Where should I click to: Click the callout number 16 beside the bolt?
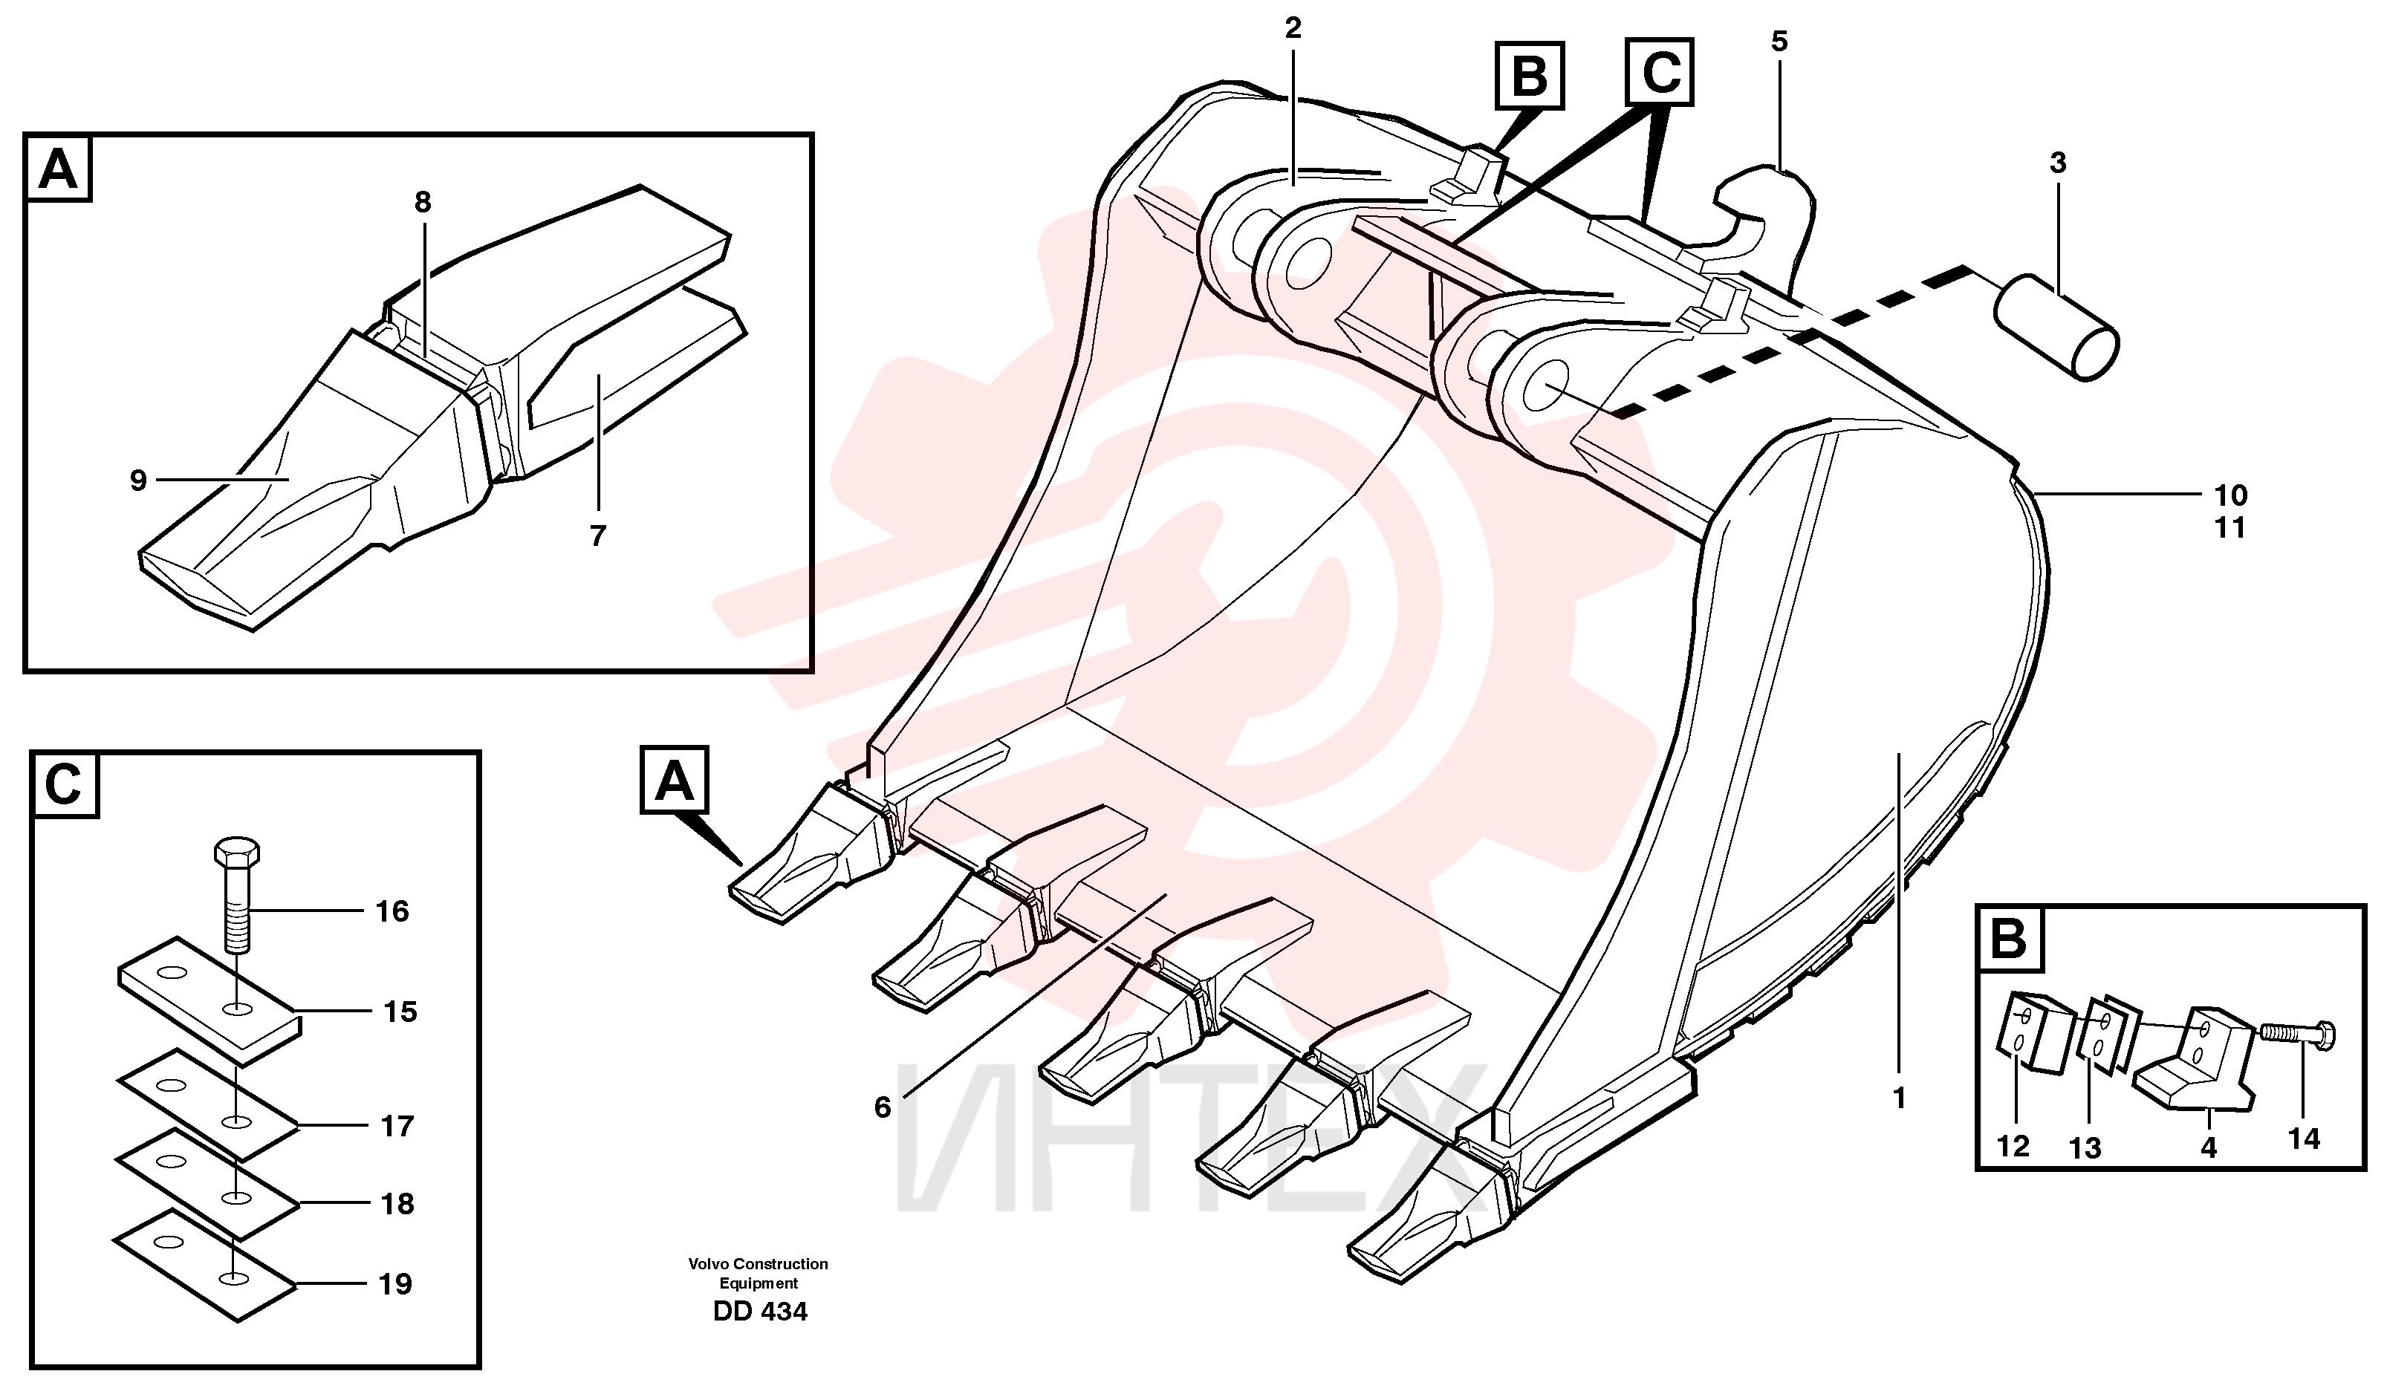pos(392,911)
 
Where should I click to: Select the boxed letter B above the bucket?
pos(1530,76)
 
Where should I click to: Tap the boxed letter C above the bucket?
pos(1660,72)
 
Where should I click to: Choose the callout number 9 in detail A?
pos(138,481)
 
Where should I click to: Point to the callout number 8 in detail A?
pos(423,202)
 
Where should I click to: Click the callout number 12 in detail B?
pos(2014,1147)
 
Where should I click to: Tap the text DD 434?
pos(760,1312)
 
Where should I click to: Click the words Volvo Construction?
pos(758,1263)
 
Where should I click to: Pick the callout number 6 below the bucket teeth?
pos(883,1107)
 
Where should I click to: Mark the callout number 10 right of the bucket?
pos(2231,495)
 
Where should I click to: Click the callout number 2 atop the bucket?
pos(1293,28)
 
